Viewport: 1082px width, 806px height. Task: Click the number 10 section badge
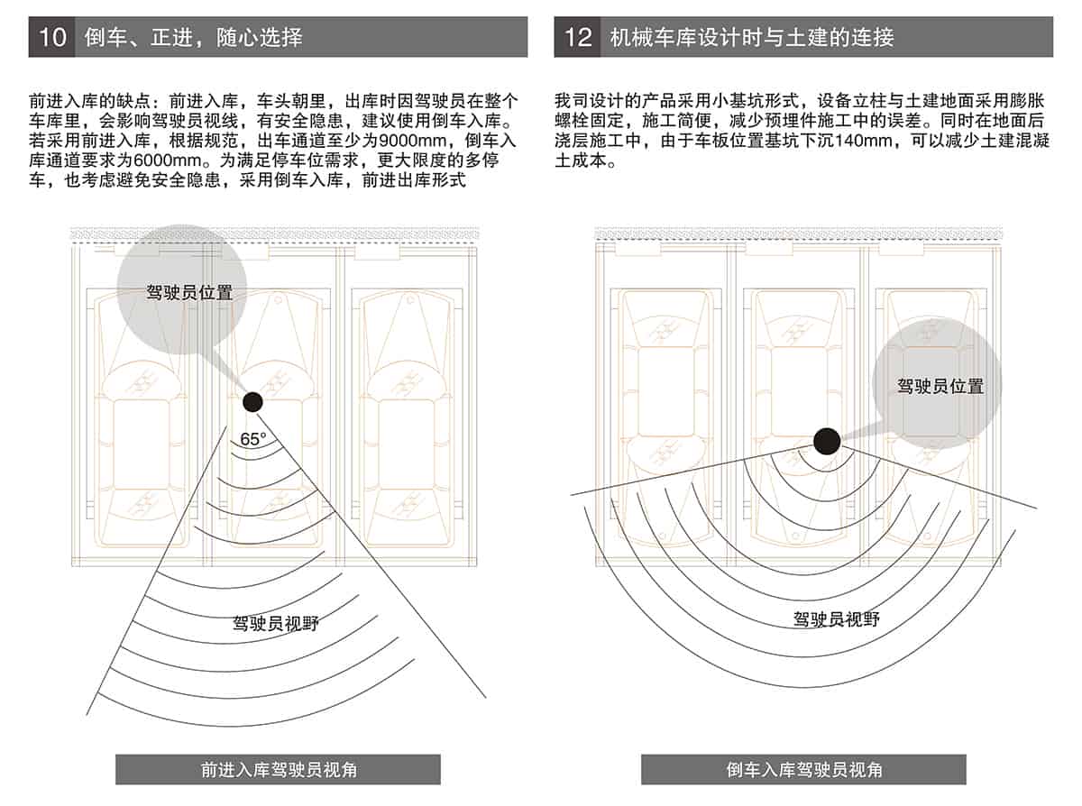51,37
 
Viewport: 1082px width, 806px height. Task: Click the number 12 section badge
577,37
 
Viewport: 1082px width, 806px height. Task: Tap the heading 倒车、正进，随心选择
193,37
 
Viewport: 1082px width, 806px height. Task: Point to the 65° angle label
253,440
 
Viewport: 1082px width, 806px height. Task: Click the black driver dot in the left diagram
252,402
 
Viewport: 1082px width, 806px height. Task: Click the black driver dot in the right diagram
827,441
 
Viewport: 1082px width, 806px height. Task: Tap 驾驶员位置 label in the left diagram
189,293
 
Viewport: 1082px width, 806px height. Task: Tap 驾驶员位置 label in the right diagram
940,387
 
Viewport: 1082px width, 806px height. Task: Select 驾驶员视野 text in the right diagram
836,619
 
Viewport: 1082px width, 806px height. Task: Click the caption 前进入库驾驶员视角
278,770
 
